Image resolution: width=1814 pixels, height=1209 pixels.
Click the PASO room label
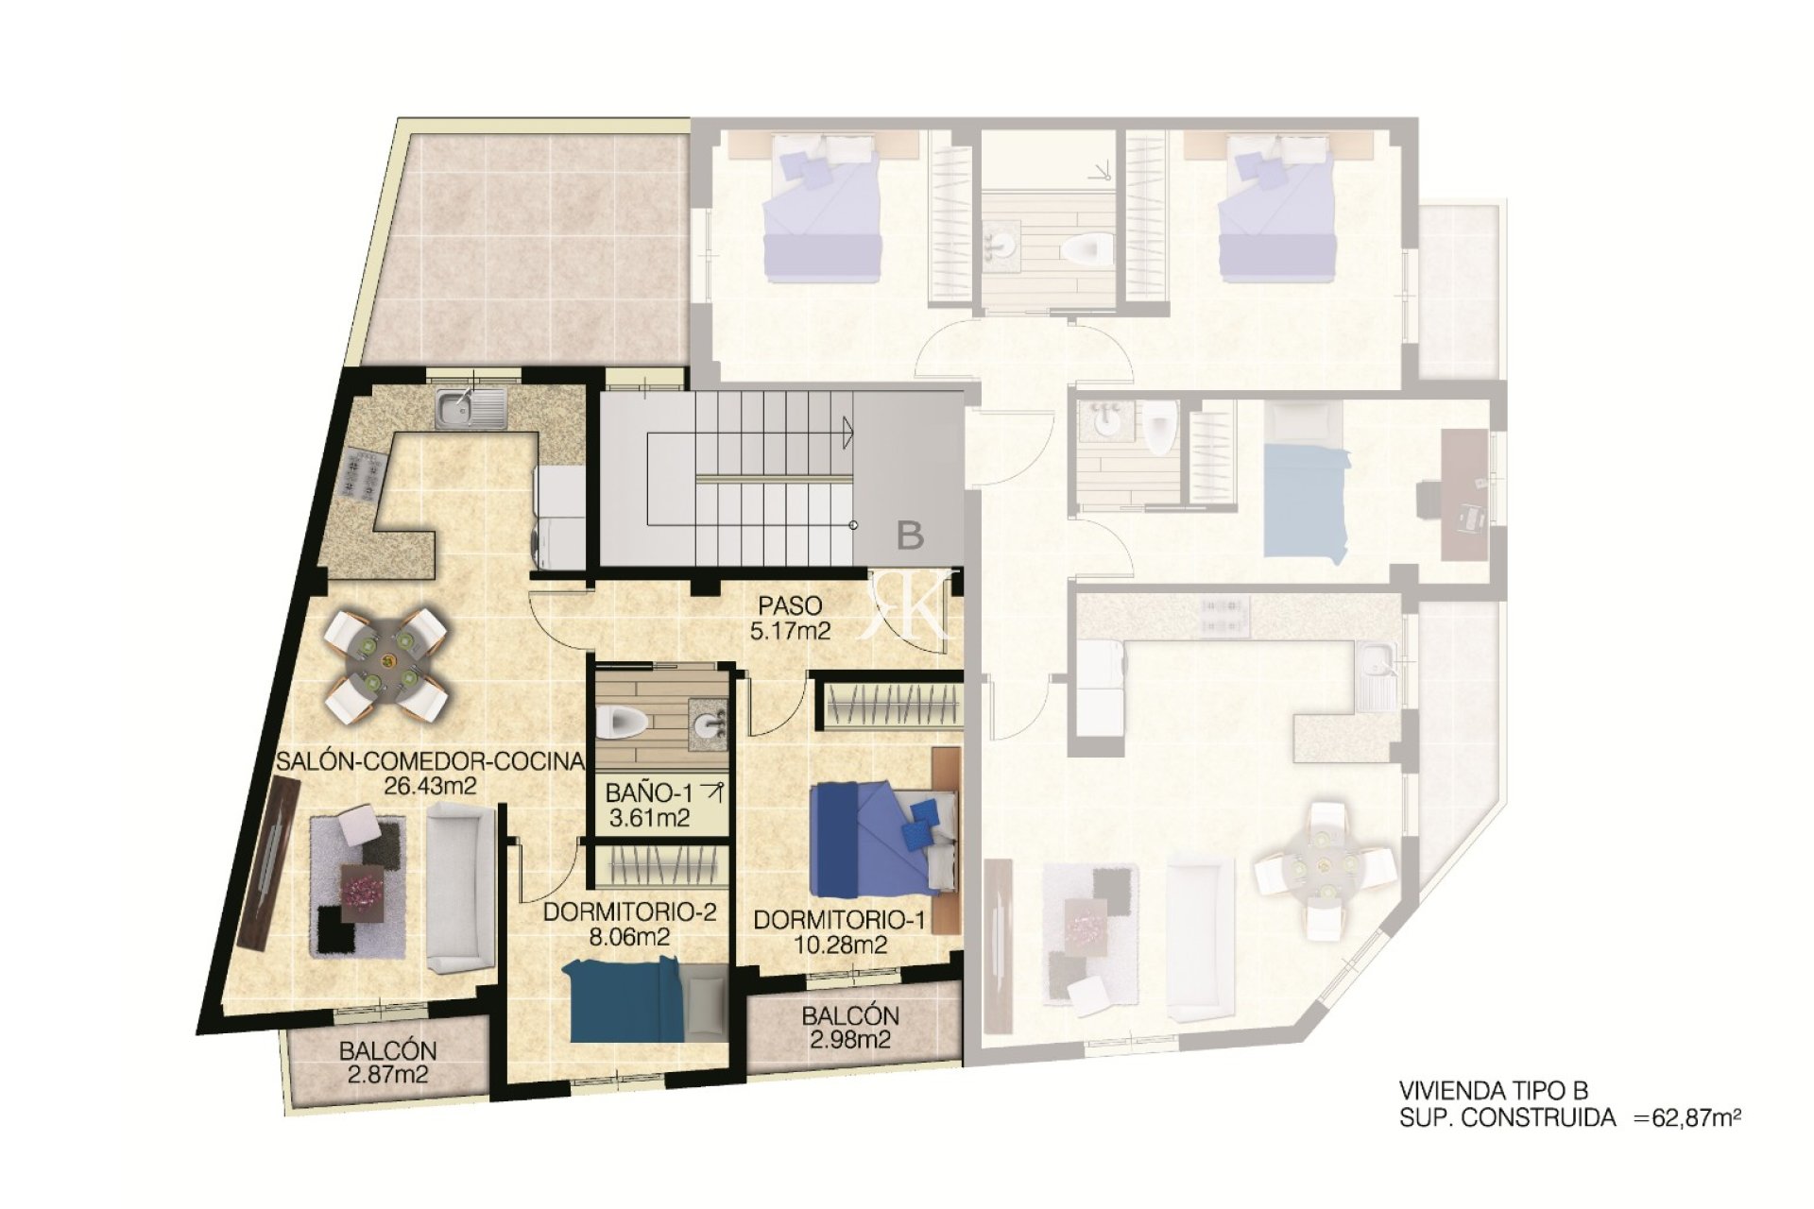click(790, 604)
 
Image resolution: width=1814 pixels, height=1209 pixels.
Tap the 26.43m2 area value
click(431, 785)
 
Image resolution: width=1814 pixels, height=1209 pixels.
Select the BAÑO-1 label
click(649, 793)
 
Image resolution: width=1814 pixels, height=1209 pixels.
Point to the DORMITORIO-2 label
click(629, 912)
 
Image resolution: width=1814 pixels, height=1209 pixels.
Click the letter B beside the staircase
click(910, 536)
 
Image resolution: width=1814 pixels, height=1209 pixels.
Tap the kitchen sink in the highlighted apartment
click(471, 406)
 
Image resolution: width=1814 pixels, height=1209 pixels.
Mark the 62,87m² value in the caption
click(1695, 1118)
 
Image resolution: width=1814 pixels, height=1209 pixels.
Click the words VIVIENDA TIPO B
click(1495, 1090)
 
